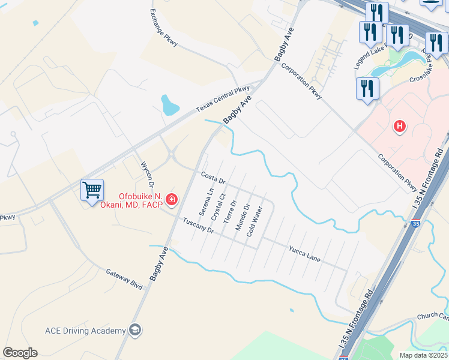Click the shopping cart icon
[92, 191]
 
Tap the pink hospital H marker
[400, 127]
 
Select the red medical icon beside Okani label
[172, 199]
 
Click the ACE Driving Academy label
[85, 331]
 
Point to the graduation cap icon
[136, 330]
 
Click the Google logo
[20, 353]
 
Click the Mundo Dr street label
[242, 217]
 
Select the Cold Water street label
[255, 221]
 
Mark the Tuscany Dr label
[199, 224]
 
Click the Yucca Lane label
[304, 254]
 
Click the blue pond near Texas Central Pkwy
[169, 106]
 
